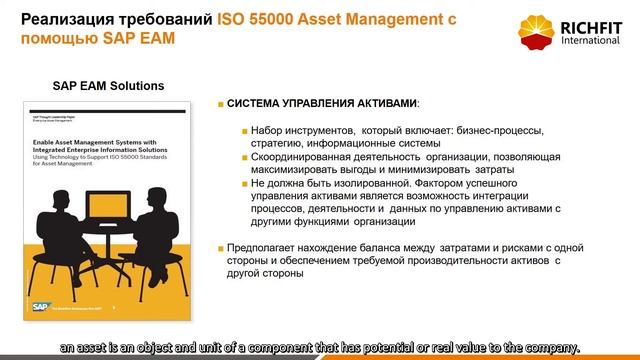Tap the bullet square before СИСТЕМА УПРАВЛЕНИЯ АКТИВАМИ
tap(220, 104)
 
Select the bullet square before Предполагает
tap(220, 248)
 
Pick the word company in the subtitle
tap(549, 346)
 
